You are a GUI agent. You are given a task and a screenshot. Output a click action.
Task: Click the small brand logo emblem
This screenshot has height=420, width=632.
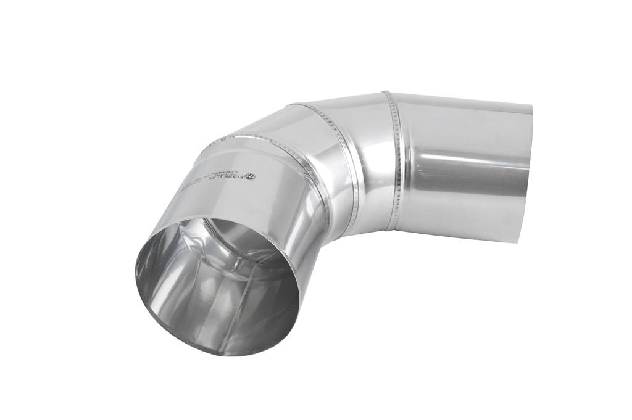[251, 176]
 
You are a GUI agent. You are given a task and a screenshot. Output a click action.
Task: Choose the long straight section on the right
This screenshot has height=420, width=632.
[463, 167]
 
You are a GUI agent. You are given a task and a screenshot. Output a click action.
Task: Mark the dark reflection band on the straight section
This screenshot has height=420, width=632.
[469, 185]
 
